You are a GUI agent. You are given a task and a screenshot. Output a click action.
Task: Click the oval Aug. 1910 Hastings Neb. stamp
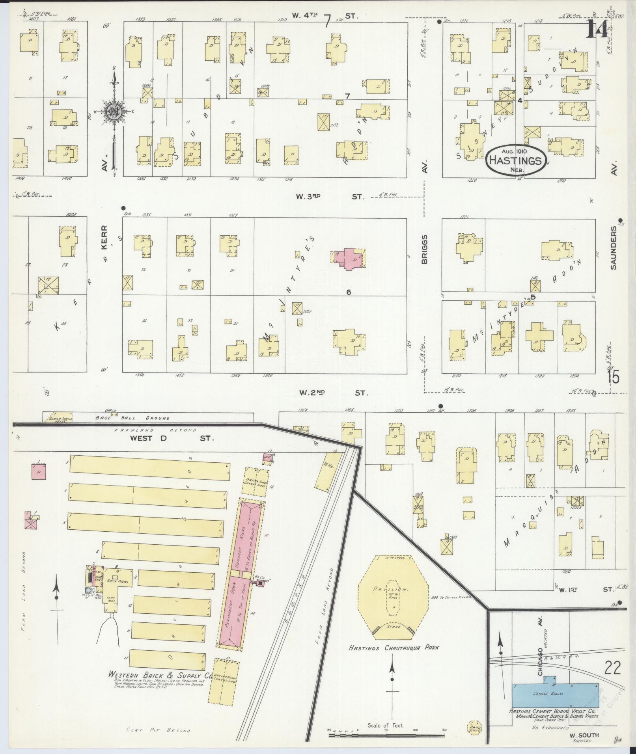click(x=517, y=160)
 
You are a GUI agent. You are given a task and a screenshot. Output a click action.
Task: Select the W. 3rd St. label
click(x=330, y=196)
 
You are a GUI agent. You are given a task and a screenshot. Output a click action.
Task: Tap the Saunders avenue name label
click(x=613, y=248)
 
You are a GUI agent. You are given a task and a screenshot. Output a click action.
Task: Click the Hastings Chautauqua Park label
click(x=394, y=648)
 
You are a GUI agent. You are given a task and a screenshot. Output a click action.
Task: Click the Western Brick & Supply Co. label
click(x=160, y=675)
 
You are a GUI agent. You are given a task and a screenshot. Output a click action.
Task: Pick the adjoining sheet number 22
click(x=612, y=668)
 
